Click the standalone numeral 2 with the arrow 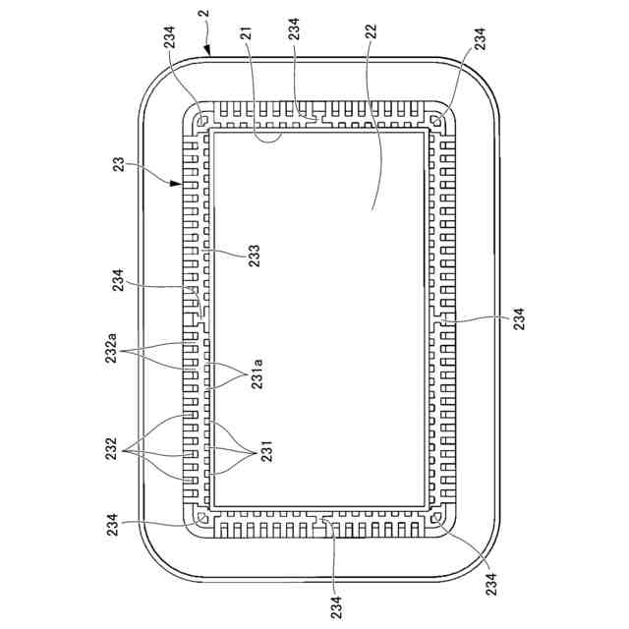(205, 13)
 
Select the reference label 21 (246, 33)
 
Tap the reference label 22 (372, 32)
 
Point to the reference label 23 (119, 165)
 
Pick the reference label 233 (255, 256)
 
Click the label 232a (111, 348)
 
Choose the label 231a (257, 373)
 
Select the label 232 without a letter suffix (111, 449)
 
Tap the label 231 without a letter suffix (266, 451)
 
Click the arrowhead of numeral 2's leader (207, 51)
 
